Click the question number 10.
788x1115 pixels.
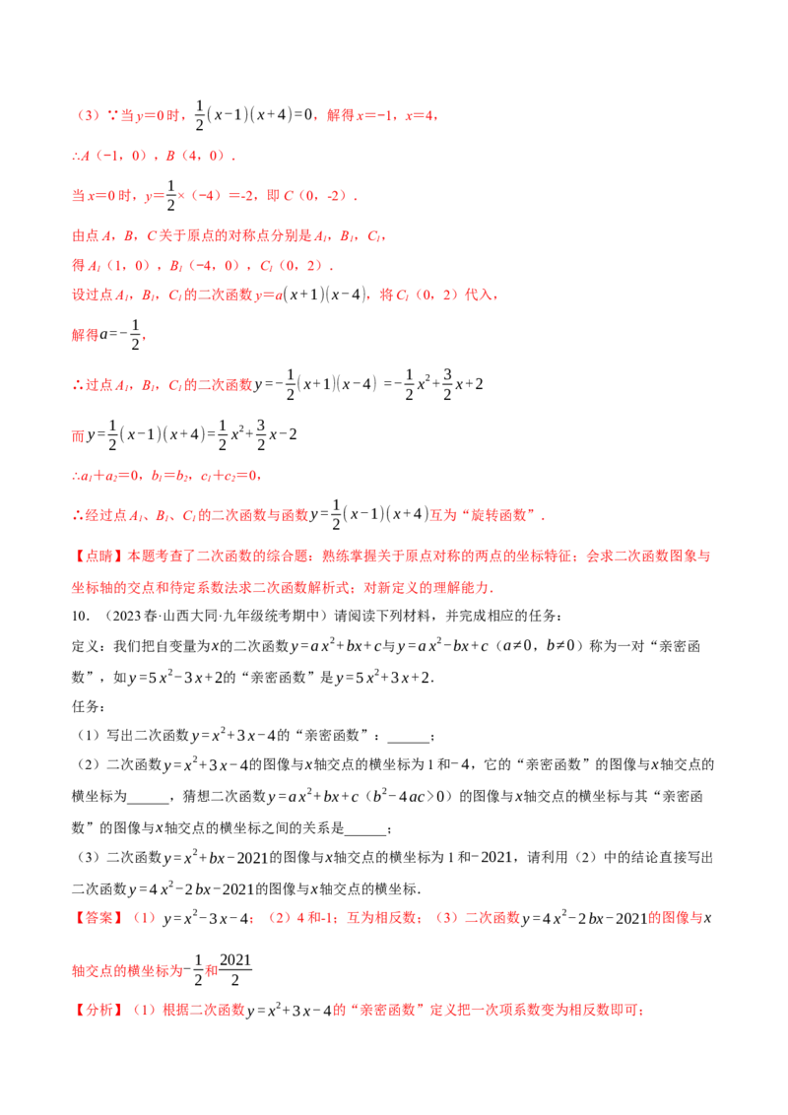[80, 616]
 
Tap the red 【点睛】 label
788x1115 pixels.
[98, 557]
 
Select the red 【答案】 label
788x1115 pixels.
[98, 918]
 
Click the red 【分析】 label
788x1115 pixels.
[98, 1010]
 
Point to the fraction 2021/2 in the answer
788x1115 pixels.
[235, 970]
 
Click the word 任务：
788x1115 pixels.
[89, 707]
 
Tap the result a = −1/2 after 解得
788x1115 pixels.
[120, 334]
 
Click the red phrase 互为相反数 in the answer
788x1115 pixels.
[381, 918]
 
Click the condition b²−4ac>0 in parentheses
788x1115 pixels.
[408, 797]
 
